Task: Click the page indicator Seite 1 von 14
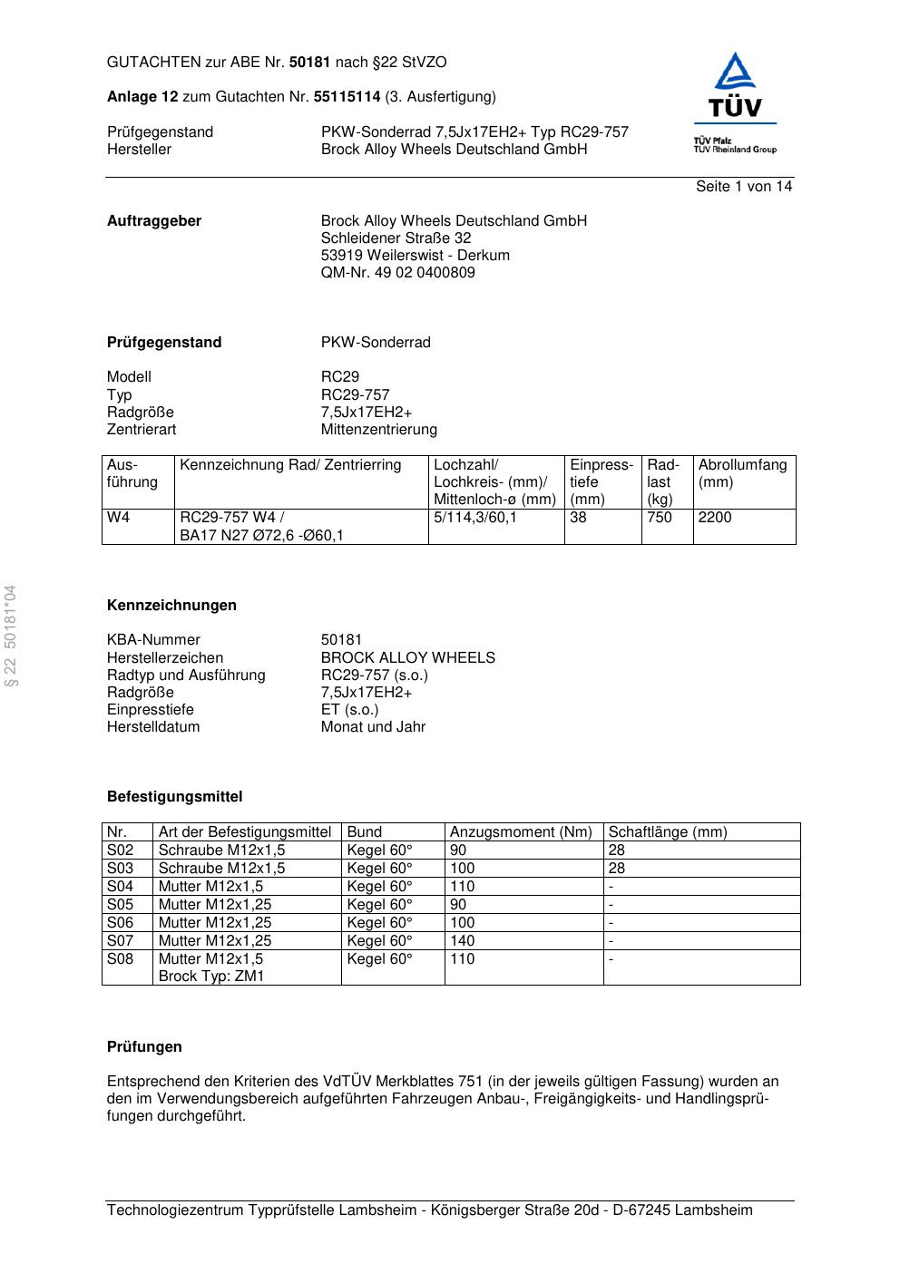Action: pos(743,187)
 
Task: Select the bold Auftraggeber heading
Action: pos(154,221)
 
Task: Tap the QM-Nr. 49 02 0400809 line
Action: pos(397,273)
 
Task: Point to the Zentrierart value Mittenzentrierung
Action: pos(378,430)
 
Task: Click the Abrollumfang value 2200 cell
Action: pos(715,518)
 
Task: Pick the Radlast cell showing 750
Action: pos(660,518)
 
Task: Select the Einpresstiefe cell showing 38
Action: pos(579,518)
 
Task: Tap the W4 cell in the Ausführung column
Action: pos(119,518)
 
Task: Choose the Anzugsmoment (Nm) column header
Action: pos(521,832)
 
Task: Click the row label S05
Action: pos(121,905)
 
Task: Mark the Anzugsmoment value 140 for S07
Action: pos(463,941)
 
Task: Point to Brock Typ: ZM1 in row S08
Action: pos(211,977)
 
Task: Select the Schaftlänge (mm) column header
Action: pos(668,832)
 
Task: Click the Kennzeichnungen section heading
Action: pos(171,606)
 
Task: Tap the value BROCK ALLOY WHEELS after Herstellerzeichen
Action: pos(407,658)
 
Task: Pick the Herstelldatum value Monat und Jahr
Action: pos(373,727)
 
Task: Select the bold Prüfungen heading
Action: pos(144,1047)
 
